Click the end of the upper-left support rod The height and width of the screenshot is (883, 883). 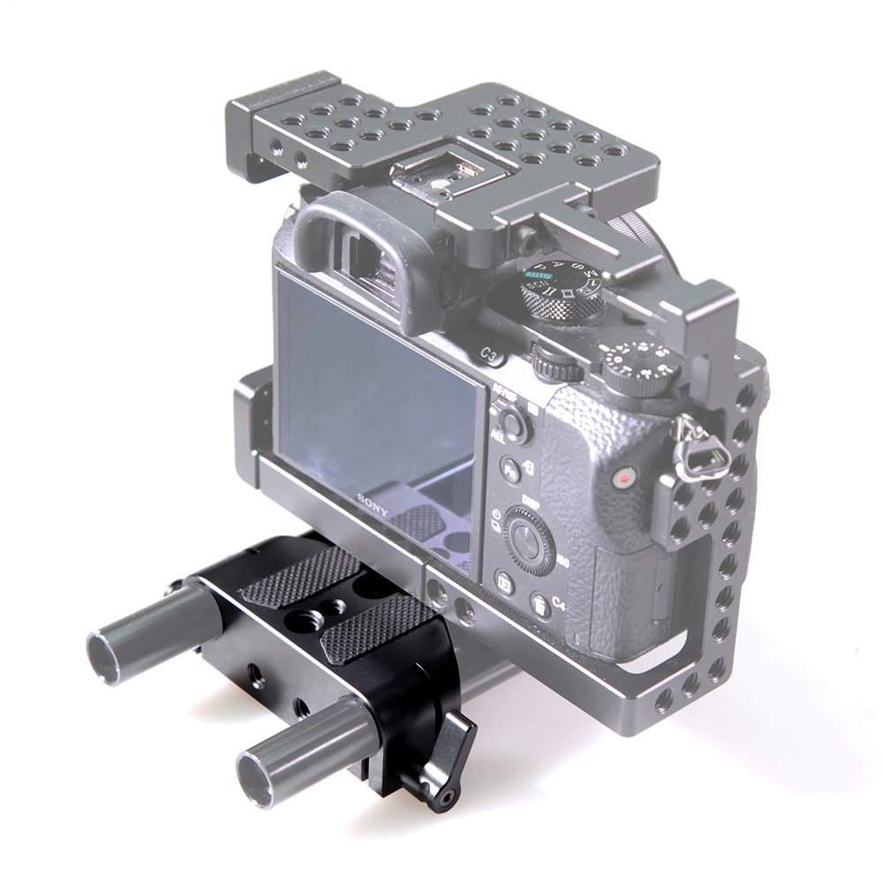(x=104, y=654)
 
